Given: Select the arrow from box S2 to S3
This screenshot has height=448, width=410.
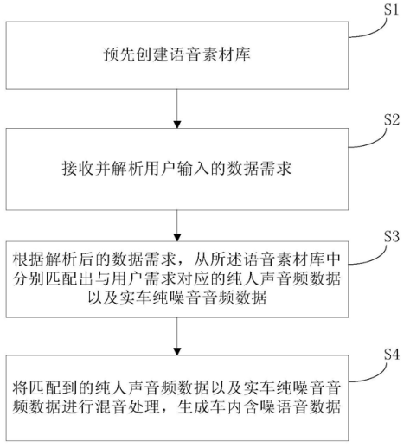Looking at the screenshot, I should point(176,222).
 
